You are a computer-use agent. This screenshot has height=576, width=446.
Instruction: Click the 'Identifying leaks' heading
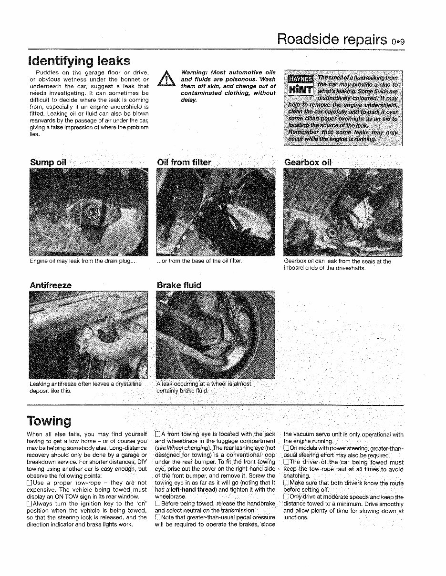pyautogui.click(x=79, y=61)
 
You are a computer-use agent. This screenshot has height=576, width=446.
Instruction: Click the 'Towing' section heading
pyautogui.click(x=49, y=421)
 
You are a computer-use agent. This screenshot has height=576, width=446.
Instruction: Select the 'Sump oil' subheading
pyautogui.click(x=48, y=162)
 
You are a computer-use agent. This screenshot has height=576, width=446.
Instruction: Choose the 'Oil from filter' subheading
pyautogui.click(x=184, y=162)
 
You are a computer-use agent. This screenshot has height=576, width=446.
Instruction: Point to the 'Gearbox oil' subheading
pyautogui.click(x=308, y=162)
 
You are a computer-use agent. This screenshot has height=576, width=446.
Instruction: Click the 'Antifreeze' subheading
pyautogui.click(x=51, y=285)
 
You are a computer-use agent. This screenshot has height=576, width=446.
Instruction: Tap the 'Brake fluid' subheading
pyautogui.click(x=179, y=285)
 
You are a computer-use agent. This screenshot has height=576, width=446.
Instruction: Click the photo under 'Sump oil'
pyautogui.click(x=89, y=212)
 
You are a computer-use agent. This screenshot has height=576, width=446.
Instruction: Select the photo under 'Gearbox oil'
pyautogui.click(x=342, y=212)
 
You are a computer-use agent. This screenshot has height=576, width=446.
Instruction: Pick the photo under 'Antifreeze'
pyautogui.click(x=89, y=334)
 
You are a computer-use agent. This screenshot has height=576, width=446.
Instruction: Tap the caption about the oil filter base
pyautogui.click(x=199, y=261)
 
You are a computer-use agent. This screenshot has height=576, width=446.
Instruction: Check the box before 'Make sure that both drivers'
pyautogui.click(x=286, y=483)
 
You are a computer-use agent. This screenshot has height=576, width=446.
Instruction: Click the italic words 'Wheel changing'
pyautogui.click(x=183, y=448)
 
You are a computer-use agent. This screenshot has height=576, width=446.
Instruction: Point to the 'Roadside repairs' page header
pyautogui.click(x=332, y=39)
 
